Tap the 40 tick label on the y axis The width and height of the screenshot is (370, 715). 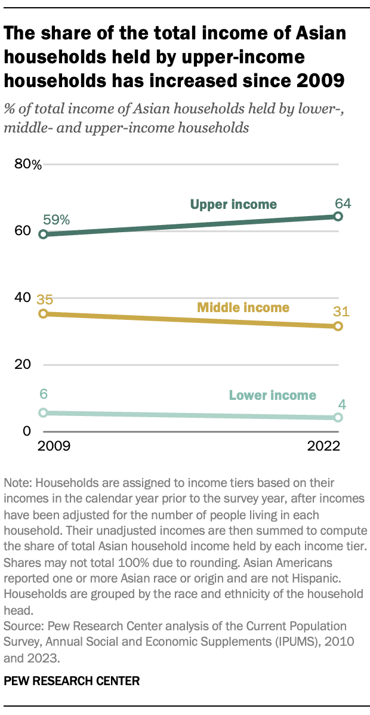(x=22, y=298)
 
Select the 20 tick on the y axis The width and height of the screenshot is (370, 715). (x=22, y=365)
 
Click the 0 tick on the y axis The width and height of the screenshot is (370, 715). (x=26, y=432)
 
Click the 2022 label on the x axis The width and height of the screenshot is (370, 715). (x=324, y=446)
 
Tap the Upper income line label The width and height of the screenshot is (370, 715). (x=233, y=205)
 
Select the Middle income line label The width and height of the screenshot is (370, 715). (x=243, y=308)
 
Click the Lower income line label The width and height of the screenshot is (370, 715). (x=272, y=395)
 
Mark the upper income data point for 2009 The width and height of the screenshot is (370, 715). (x=43, y=235)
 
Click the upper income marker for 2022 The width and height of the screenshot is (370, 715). (x=338, y=216)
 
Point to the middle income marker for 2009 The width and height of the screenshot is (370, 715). (x=43, y=313)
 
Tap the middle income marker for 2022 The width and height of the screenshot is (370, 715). (x=338, y=326)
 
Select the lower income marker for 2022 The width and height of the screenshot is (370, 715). (x=338, y=418)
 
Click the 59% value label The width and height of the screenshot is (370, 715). (x=56, y=220)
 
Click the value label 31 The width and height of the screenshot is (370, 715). (x=341, y=312)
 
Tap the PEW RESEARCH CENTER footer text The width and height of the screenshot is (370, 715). (x=72, y=680)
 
